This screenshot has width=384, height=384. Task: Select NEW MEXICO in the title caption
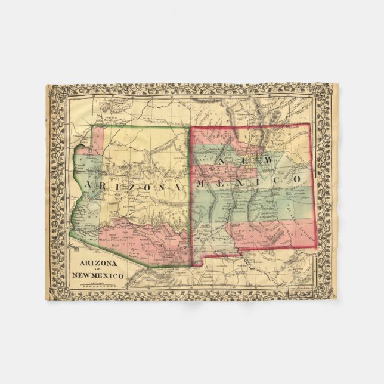point(98,275)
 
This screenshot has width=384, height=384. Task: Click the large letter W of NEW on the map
point(268,161)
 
